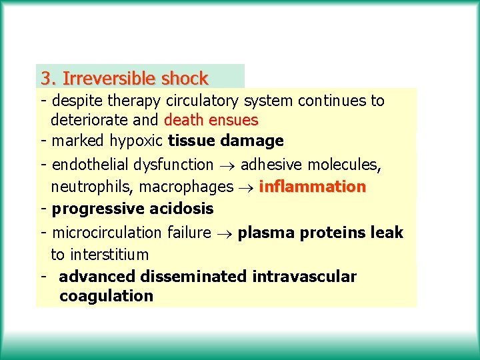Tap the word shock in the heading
pos(184,79)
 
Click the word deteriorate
pos(91,121)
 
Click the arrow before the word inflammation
pos(246,187)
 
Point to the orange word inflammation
pos(312,187)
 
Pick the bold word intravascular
pos(304,276)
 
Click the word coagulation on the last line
pos(106,296)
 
